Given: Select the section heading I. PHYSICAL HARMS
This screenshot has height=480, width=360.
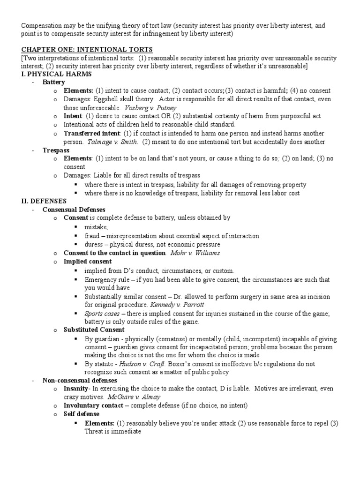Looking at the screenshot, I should [x=56, y=74].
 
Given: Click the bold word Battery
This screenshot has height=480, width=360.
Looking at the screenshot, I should [x=53, y=82].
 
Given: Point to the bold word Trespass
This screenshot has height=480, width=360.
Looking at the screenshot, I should [x=56, y=150].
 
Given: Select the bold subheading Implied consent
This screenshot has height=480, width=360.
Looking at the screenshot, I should [x=88, y=261].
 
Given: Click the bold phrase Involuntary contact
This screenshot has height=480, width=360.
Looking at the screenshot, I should [x=93, y=406].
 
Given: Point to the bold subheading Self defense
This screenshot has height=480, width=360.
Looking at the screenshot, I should [x=81, y=414].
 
